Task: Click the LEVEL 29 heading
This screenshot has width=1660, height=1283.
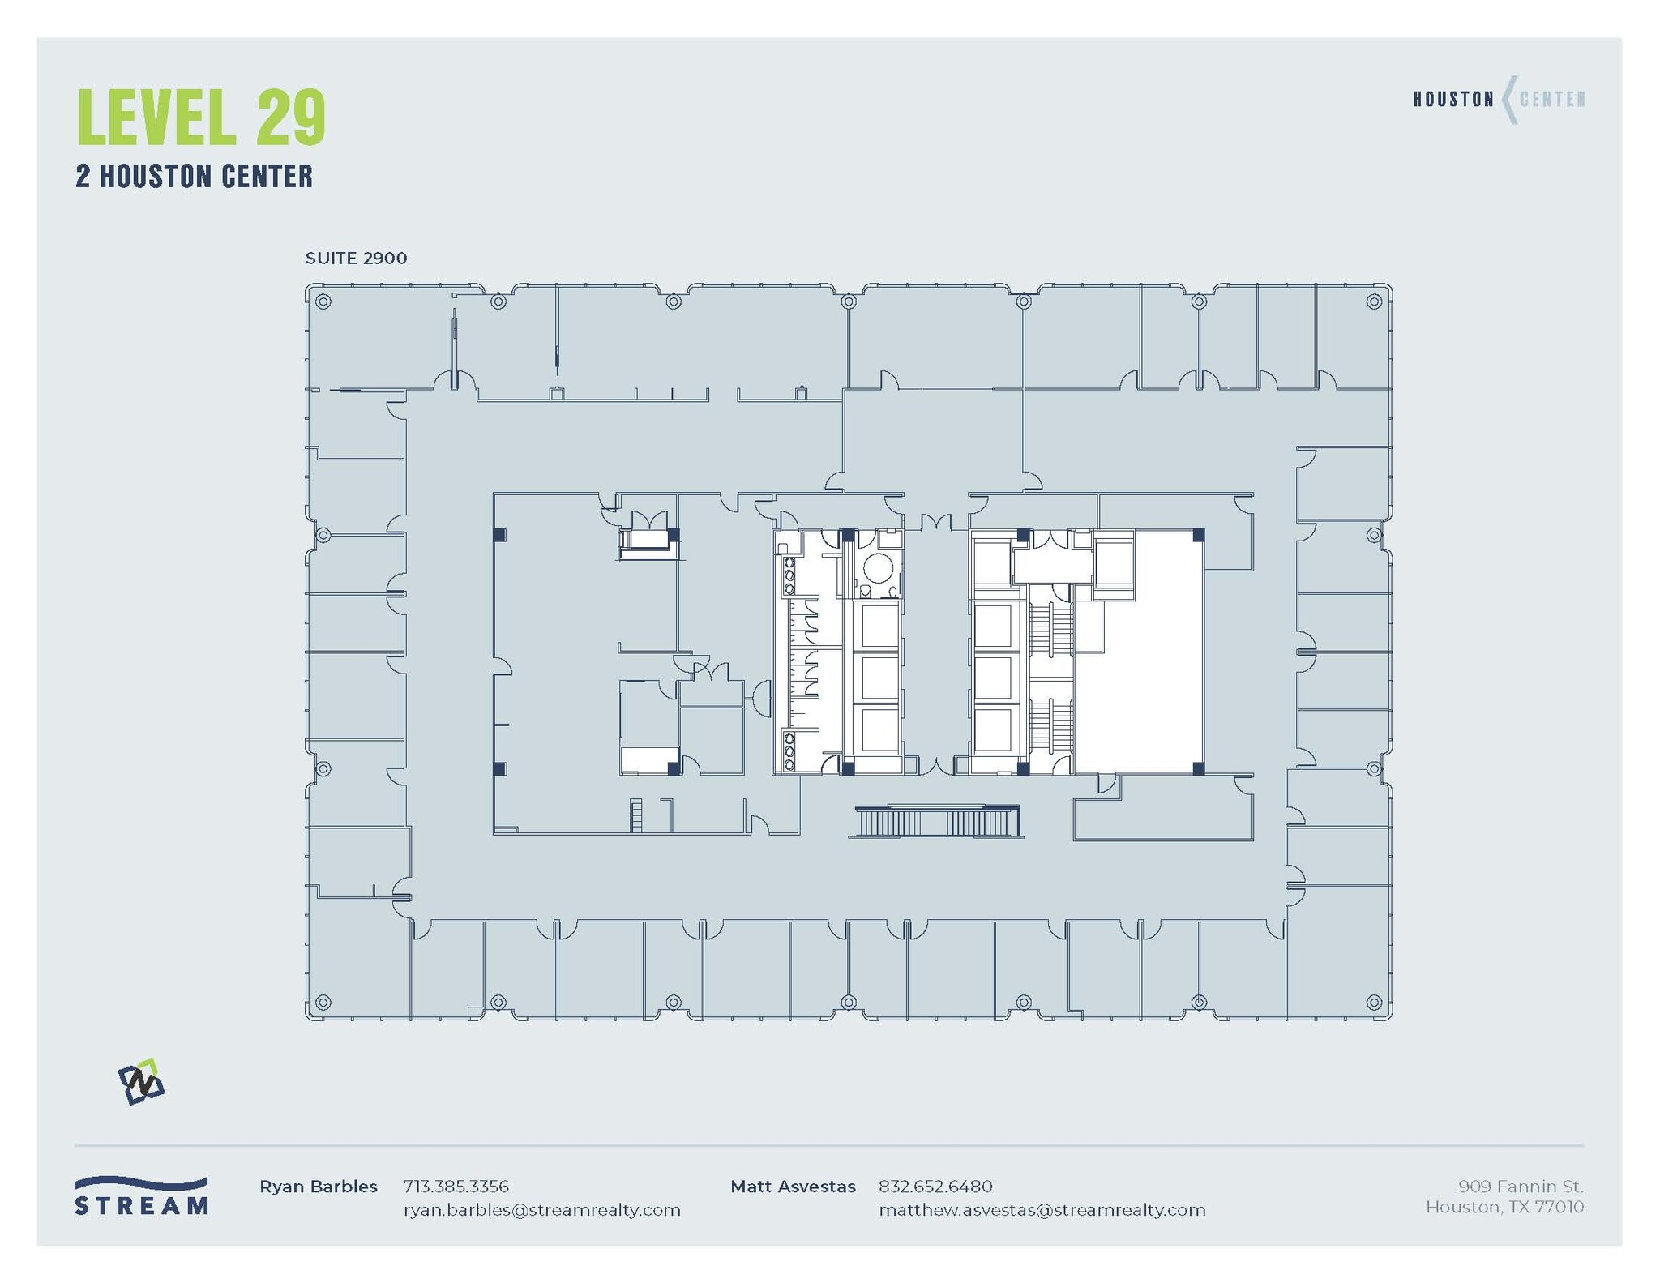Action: [201, 118]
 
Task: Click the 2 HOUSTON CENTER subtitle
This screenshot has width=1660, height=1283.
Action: [194, 177]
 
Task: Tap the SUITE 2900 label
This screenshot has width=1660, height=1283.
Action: [356, 259]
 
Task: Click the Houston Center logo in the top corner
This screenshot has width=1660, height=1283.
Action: [1498, 100]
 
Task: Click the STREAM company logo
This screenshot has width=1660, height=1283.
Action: [142, 1195]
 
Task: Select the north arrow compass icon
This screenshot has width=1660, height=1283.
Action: [141, 1081]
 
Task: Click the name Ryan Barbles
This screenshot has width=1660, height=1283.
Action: [318, 1187]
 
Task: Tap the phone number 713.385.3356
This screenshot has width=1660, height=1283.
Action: [456, 1187]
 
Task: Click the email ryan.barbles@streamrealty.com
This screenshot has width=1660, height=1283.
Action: [541, 1210]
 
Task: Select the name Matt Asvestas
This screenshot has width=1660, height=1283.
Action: [792, 1187]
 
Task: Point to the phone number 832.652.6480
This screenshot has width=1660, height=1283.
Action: [935, 1187]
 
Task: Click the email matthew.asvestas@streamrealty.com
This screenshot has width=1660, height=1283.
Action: [1042, 1210]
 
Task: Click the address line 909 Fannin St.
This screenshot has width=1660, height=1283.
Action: [1520, 1187]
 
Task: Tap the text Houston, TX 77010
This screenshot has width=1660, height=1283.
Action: [1504, 1208]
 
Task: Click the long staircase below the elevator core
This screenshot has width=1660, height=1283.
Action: [936, 822]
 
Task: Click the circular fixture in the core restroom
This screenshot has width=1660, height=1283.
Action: [877, 568]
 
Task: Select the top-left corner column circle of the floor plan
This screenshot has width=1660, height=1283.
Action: [323, 302]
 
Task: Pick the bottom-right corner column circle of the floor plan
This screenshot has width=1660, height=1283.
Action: [1374, 1003]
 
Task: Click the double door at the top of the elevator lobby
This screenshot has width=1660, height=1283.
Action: [935, 523]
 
